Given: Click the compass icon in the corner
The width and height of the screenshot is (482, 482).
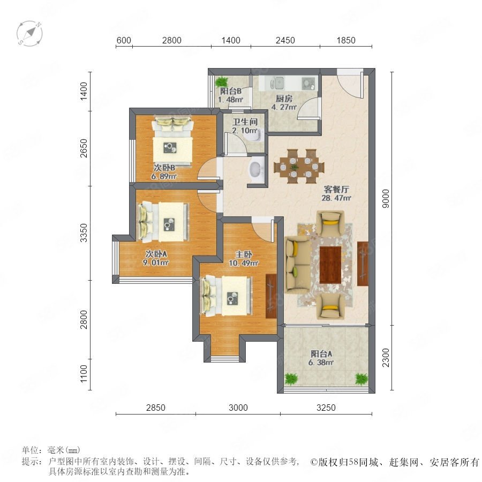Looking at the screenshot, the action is [29, 33].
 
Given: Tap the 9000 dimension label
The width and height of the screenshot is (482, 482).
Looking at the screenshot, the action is [386, 199].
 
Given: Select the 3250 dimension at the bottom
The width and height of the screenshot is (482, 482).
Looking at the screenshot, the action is [326, 408].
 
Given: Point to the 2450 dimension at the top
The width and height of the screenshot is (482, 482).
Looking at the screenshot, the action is [285, 40].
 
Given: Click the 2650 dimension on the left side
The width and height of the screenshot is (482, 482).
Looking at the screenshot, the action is [84, 148].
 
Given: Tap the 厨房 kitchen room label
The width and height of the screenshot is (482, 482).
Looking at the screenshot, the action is [284, 99].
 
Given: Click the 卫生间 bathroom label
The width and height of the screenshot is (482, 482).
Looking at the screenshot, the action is [245, 122].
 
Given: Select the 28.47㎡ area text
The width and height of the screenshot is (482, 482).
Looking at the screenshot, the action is [336, 198].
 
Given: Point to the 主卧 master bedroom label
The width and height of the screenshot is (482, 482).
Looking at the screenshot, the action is [244, 254].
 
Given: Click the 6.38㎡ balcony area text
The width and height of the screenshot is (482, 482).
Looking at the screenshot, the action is [321, 363].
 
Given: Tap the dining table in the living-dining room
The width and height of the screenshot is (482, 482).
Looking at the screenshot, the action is [298, 167].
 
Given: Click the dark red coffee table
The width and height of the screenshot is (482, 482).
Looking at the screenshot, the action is [330, 265].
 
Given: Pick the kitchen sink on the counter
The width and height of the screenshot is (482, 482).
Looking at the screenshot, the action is [277, 84].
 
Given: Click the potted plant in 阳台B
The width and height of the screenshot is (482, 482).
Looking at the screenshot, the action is [221, 82].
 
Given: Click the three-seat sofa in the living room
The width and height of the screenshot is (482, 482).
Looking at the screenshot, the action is [298, 265].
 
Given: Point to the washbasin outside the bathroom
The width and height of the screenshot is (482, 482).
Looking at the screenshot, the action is [256, 169].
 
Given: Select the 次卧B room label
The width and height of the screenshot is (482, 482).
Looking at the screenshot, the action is [164, 168].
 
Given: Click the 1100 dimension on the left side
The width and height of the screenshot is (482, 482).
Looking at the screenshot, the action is [84, 374].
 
